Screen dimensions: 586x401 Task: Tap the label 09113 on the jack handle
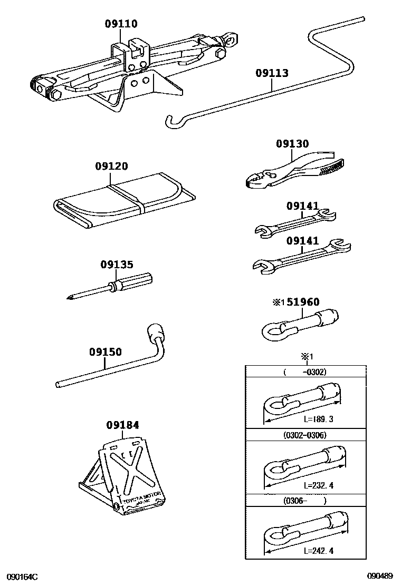(272, 73)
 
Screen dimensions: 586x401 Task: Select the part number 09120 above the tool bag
(111, 166)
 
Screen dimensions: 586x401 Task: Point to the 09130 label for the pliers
(292, 144)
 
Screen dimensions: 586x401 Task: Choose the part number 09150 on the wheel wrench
(106, 351)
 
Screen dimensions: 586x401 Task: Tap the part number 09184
(122, 425)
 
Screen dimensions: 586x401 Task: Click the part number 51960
(302, 302)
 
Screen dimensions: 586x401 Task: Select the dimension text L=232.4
(319, 485)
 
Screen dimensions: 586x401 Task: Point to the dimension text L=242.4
(319, 551)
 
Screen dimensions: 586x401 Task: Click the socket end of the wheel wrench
(157, 333)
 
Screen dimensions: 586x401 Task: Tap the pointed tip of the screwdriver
(70, 298)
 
